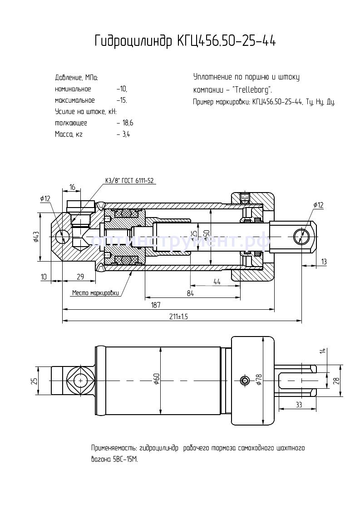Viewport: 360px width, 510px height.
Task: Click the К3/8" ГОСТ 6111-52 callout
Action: point(130,180)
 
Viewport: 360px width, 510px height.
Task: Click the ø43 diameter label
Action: point(37,237)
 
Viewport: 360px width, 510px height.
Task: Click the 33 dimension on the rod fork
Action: point(299,404)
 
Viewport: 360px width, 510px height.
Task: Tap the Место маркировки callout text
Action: point(96,293)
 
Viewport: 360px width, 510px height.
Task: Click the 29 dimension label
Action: point(80,277)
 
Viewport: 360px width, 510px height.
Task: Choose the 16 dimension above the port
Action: point(72,187)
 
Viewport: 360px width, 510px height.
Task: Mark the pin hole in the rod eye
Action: point(300,237)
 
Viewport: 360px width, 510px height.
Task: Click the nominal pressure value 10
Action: point(122,89)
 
